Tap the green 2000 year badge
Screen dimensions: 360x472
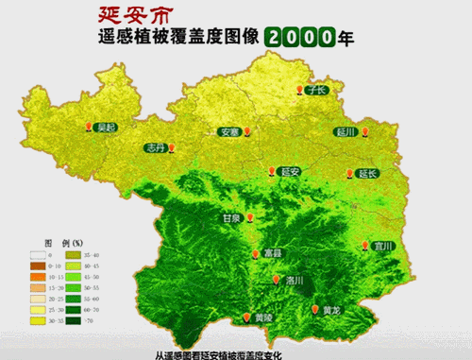click(300, 38)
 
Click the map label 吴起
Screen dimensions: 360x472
click(108, 127)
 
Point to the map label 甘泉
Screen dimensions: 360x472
click(230, 217)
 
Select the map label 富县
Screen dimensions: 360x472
click(273, 253)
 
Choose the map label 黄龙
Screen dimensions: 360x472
click(330, 310)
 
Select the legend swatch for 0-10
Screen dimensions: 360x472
click(37, 266)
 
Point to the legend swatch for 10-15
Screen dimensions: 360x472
click(37, 276)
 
